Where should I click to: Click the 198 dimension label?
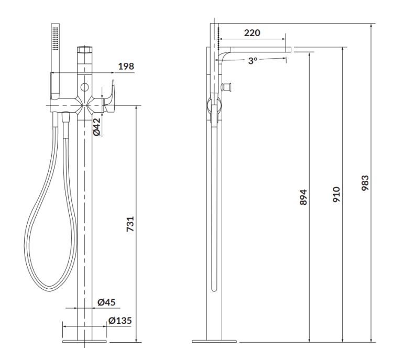(126, 67)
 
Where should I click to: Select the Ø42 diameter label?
(97, 127)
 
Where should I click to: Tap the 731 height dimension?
(130, 224)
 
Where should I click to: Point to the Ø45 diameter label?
(106, 302)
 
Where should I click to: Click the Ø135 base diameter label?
(120, 320)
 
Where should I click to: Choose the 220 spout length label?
(252, 33)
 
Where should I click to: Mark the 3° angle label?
(253, 61)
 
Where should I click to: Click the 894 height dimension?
(303, 198)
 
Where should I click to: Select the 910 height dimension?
(336, 194)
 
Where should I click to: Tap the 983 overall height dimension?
(365, 183)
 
